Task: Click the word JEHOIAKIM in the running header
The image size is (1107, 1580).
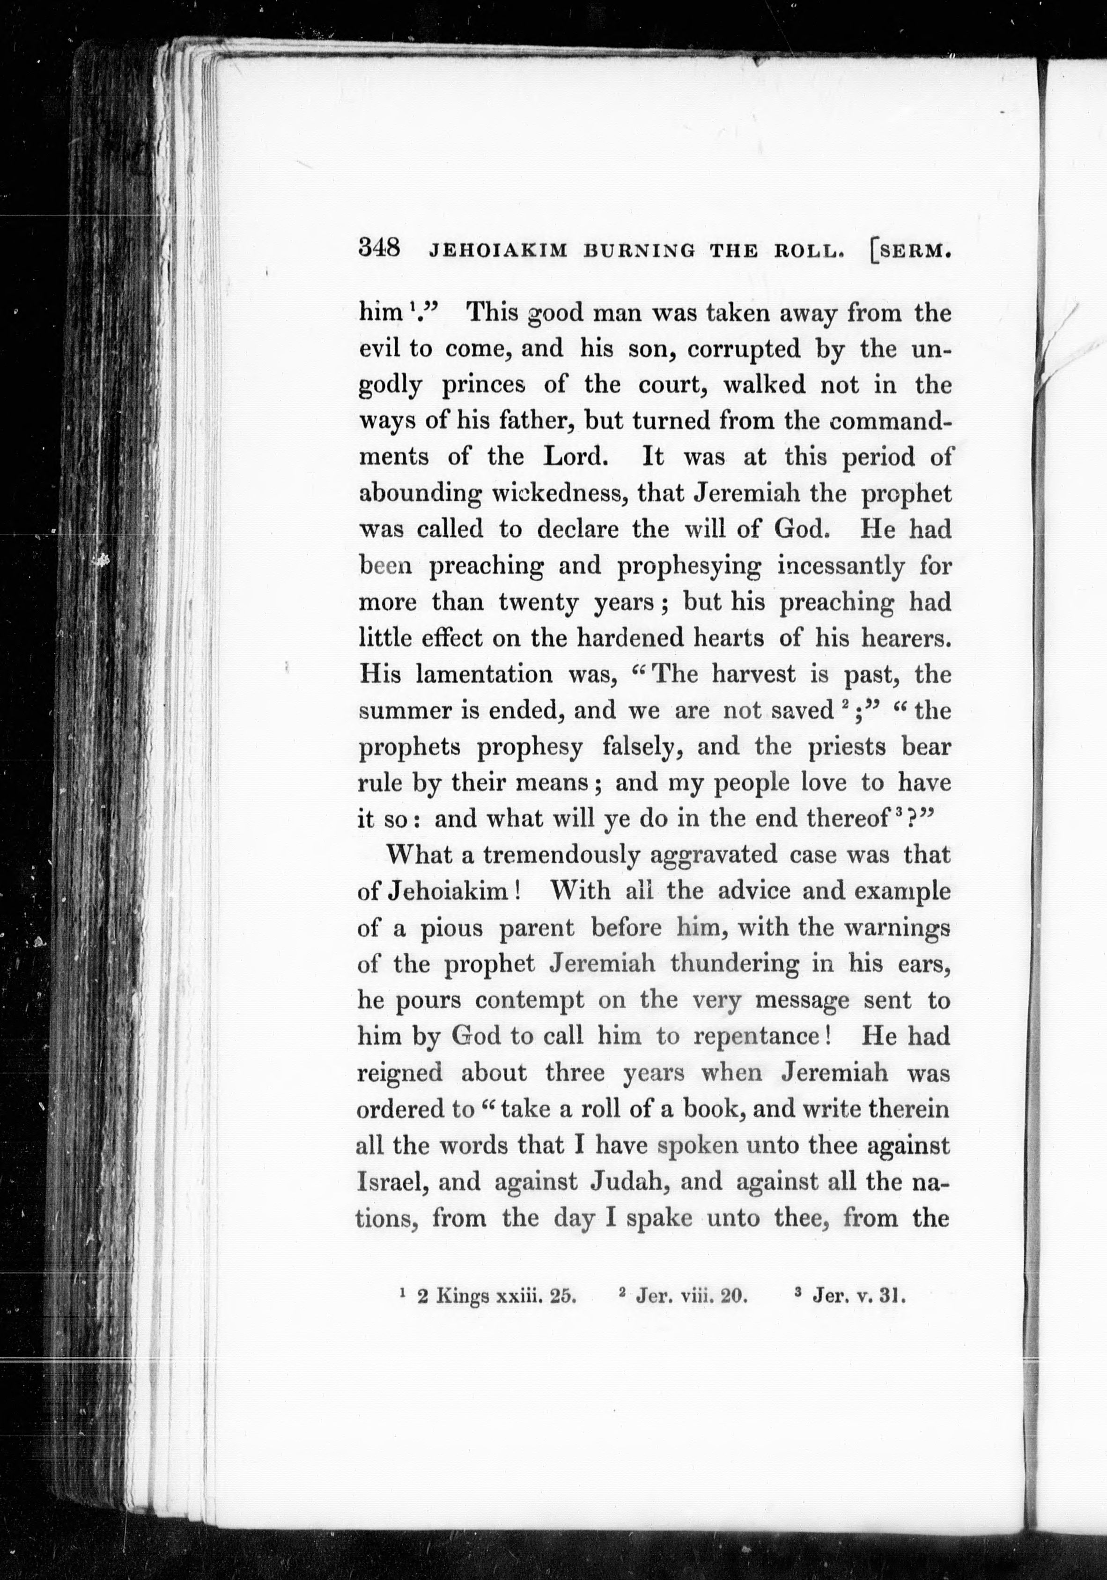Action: click(x=498, y=251)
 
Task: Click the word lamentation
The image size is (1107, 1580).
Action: click(x=484, y=674)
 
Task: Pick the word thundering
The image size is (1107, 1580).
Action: click(x=734, y=964)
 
